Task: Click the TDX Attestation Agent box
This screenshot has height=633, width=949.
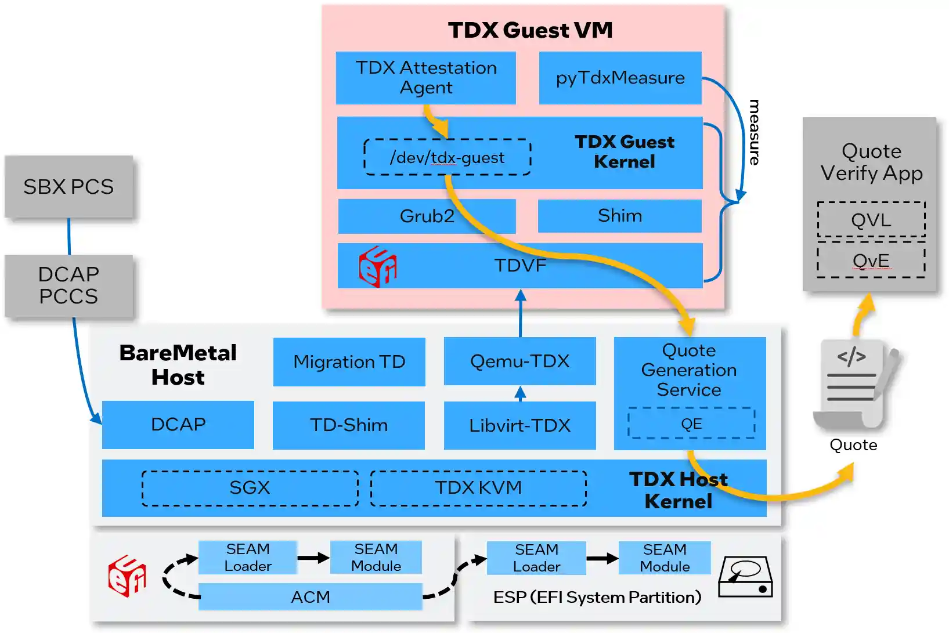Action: click(425, 78)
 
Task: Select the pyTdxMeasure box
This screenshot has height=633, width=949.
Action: click(620, 78)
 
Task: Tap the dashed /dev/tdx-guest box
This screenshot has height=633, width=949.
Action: click(447, 157)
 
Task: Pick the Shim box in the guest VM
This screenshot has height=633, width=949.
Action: click(619, 216)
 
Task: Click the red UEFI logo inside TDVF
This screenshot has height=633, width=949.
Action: click(377, 266)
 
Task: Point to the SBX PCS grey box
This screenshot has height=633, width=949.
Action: click(68, 187)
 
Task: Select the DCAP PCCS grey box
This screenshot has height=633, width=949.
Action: click(68, 285)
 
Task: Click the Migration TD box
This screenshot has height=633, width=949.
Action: click(349, 361)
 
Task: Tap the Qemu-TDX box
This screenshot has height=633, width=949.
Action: click(519, 361)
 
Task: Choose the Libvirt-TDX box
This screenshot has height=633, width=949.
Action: click(519, 425)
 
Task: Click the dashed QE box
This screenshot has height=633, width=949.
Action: click(691, 424)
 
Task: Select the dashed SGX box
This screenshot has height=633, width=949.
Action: click(250, 488)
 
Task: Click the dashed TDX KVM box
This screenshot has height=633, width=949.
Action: click(478, 488)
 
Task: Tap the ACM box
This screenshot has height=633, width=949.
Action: click(310, 597)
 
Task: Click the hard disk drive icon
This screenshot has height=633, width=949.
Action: click(745, 577)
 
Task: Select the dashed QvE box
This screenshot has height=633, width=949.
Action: click(871, 261)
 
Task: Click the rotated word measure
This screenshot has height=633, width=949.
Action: click(753, 132)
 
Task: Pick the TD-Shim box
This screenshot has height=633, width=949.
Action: click(348, 425)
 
